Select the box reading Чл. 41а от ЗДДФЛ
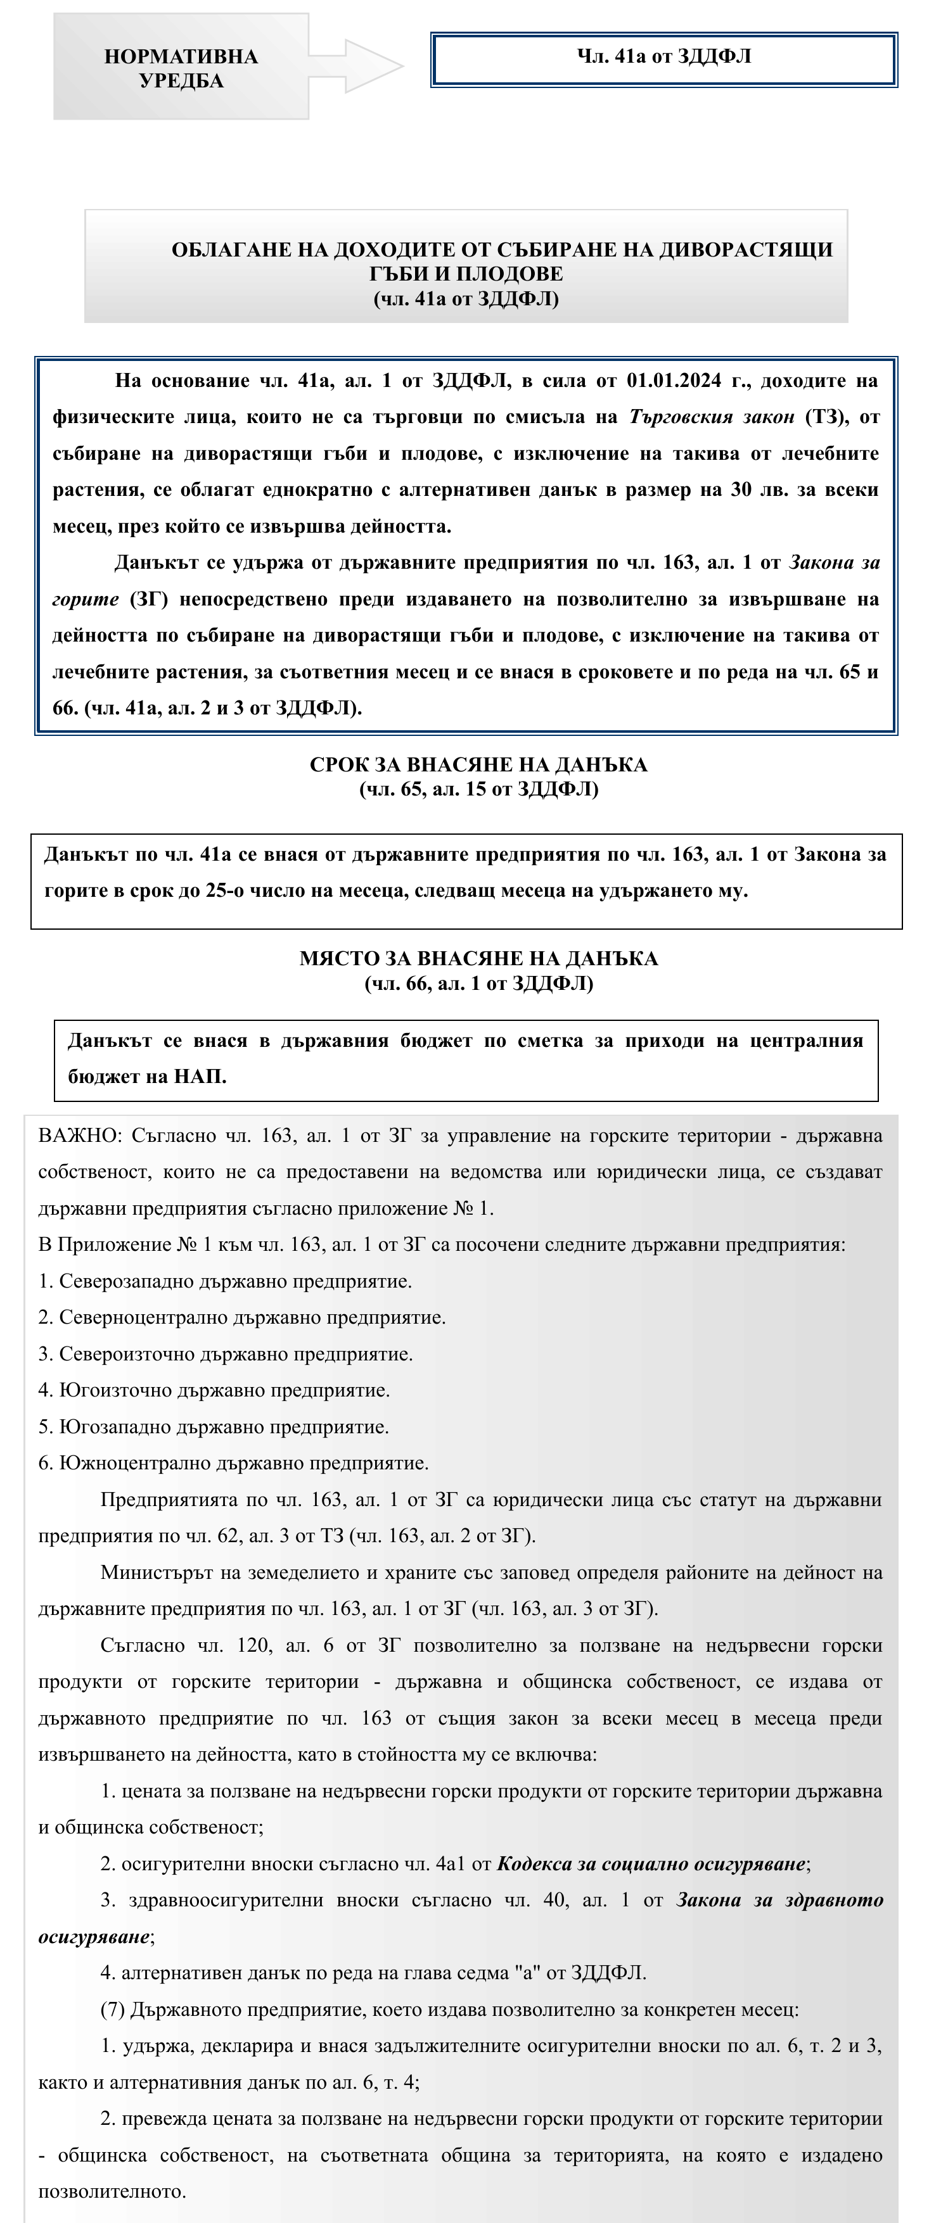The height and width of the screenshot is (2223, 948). tap(664, 59)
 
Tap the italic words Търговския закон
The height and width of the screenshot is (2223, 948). tap(712, 417)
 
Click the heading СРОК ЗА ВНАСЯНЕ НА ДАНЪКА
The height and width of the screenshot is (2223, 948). tap(478, 764)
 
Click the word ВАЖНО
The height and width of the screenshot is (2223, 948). tap(79, 1135)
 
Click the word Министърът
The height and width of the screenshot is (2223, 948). tap(155, 1573)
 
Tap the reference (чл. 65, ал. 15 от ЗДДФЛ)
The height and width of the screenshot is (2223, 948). tap(478, 788)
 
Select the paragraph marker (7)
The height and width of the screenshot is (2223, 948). tap(112, 2009)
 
